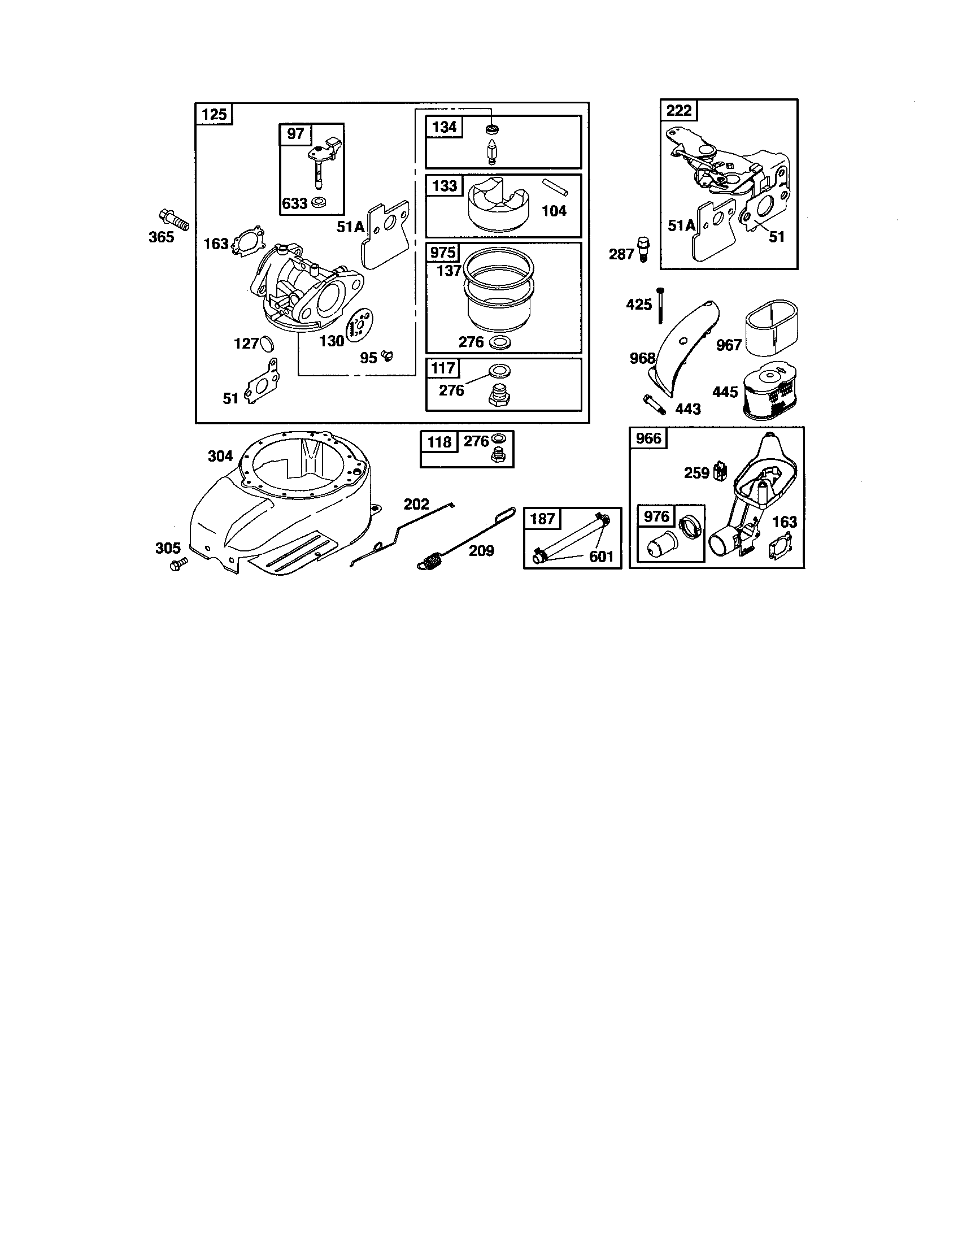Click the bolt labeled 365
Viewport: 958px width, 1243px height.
coord(173,219)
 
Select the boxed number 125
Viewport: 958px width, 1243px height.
coord(215,114)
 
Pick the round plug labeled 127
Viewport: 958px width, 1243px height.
coord(267,344)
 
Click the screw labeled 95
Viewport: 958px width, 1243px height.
coord(388,356)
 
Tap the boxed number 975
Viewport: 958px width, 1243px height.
coord(443,252)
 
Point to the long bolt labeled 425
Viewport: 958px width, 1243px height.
coord(660,306)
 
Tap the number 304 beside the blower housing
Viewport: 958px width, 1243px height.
coord(220,456)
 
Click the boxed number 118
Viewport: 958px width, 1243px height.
coord(439,442)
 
